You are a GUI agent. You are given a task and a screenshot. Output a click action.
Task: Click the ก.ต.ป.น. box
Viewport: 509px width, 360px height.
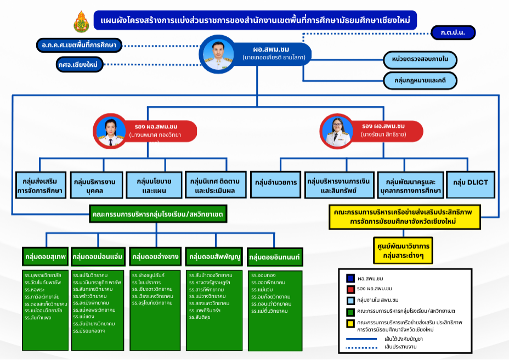(x=453, y=33)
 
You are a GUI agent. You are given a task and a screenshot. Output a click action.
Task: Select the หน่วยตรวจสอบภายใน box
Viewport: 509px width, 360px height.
(x=420, y=59)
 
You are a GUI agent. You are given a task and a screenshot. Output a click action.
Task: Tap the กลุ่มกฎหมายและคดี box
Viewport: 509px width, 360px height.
(x=420, y=80)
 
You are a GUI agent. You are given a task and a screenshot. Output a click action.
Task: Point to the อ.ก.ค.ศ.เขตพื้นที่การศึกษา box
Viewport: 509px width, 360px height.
(x=80, y=45)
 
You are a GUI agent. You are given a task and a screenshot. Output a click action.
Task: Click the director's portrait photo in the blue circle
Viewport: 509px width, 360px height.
(x=215, y=54)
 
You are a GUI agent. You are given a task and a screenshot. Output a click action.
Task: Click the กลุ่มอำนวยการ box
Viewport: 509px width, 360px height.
(x=275, y=182)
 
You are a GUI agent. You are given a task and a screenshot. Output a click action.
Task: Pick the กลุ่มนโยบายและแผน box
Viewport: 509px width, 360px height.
(x=154, y=185)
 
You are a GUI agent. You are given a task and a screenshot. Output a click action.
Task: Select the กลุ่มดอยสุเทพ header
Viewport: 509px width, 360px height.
(x=45, y=256)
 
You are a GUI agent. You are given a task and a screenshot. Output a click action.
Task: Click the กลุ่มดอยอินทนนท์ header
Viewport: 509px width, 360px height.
(x=275, y=257)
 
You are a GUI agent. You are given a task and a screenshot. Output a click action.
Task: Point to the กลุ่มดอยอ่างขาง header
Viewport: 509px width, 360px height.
(x=155, y=256)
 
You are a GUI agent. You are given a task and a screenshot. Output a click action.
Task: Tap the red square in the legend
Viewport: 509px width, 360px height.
(x=350, y=289)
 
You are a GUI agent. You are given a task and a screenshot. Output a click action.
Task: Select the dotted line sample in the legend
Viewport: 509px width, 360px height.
(x=361, y=347)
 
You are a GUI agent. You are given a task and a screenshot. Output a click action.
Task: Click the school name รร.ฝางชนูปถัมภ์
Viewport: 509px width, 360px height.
(x=149, y=274)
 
